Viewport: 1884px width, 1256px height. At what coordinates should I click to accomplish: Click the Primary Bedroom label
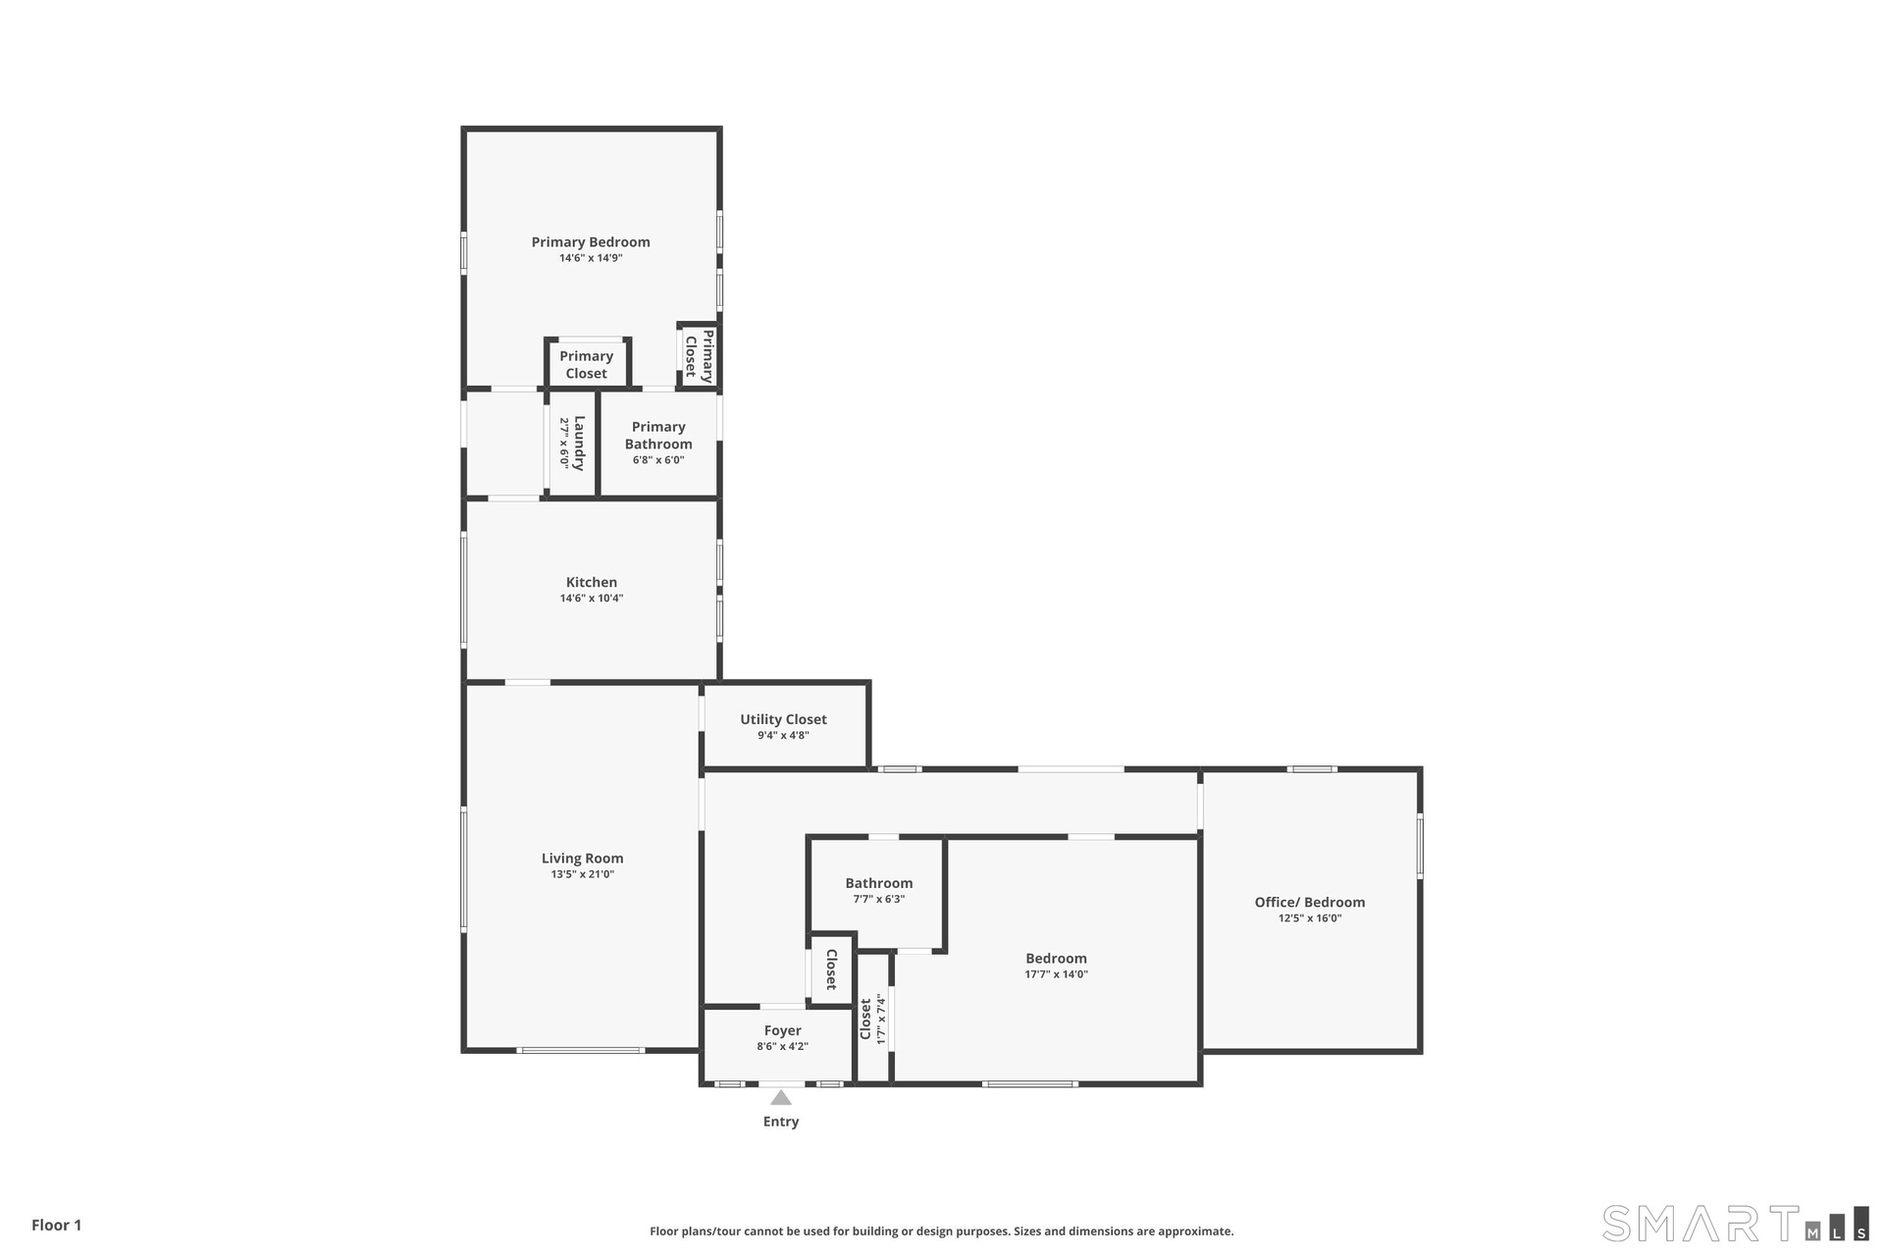pos(591,242)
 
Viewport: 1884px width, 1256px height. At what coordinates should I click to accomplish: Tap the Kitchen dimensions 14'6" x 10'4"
pos(592,599)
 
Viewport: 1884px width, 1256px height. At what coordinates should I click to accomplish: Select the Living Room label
pos(583,859)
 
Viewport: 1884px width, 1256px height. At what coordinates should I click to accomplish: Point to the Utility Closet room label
pos(783,719)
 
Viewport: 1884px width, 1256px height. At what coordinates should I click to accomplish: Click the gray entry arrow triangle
pos(781,1098)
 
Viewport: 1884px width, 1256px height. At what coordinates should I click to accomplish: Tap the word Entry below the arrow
pos(781,1122)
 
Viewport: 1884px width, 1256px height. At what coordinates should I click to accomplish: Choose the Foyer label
pos(783,1030)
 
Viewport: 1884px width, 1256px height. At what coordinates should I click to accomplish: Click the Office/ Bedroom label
pos(1310,903)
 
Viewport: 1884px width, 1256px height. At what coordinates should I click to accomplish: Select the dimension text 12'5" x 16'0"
pos(1310,919)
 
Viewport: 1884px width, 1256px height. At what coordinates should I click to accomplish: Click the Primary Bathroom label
pos(658,436)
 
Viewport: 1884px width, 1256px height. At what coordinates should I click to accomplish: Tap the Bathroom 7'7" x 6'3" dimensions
pos(879,900)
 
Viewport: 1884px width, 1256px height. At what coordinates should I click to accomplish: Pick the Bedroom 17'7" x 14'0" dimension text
pos(1057,975)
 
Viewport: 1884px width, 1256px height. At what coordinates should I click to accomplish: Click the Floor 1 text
pos(57,1225)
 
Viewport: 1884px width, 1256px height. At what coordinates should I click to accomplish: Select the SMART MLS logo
pos(1736,1224)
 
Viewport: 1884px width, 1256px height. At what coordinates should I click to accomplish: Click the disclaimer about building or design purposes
pos(942,1231)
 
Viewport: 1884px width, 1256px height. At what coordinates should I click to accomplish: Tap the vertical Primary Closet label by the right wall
pos(700,356)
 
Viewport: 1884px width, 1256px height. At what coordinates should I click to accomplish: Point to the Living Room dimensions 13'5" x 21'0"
pos(583,875)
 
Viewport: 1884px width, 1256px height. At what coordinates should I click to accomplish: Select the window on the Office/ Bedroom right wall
pos(1420,846)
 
